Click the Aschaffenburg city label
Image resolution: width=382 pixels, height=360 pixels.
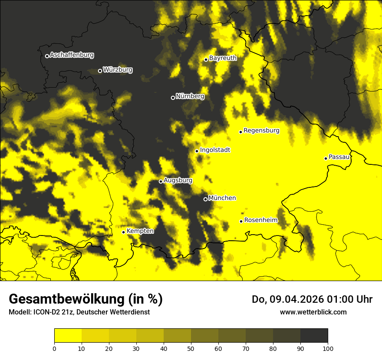pyautogui.click(x=72, y=55)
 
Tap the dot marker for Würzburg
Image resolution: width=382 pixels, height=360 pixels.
pyautogui.click(x=100, y=71)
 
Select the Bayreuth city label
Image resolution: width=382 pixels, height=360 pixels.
pyautogui.click(x=223, y=58)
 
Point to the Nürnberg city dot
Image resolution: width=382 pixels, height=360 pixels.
pyautogui.click(x=173, y=98)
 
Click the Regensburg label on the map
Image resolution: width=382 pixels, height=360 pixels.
pyautogui.click(x=261, y=131)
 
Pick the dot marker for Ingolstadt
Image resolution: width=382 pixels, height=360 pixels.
pyautogui.click(x=197, y=151)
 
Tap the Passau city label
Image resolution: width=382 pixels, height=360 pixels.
pyautogui.click(x=339, y=157)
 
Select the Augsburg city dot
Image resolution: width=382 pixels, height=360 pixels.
pyautogui.click(x=161, y=181)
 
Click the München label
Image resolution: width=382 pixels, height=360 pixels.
pyautogui.click(x=222, y=198)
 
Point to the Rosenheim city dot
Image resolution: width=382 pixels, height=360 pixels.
pyautogui.click(x=241, y=221)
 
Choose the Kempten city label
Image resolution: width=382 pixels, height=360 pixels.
pyautogui.click(x=140, y=231)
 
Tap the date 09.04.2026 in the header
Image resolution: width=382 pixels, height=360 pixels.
pyautogui.click(x=295, y=299)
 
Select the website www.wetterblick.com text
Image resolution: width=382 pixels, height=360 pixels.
pyautogui.click(x=313, y=312)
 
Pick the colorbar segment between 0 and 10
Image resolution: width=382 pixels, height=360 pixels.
pyautogui.click(x=68, y=336)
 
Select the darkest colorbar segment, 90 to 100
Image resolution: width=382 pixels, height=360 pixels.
pyautogui.click(x=314, y=336)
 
